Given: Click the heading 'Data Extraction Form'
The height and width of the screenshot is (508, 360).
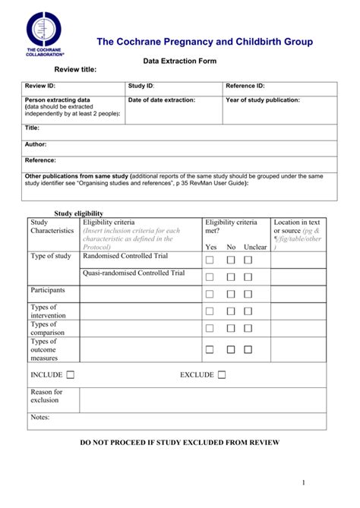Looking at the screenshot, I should pyautogui.click(x=179, y=61).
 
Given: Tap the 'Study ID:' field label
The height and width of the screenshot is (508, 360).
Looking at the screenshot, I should pyautogui.click(x=141, y=87).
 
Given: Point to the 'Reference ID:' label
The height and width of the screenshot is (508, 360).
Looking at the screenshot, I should pyautogui.click(x=245, y=87).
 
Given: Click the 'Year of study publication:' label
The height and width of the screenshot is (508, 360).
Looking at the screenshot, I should pyautogui.click(x=262, y=100).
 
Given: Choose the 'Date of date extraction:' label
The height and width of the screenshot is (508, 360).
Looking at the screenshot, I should pyautogui.click(x=161, y=100).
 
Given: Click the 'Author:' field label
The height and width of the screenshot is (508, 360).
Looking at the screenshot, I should pyautogui.click(x=36, y=144).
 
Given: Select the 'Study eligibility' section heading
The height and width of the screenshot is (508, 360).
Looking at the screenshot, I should pyautogui.click(x=77, y=213).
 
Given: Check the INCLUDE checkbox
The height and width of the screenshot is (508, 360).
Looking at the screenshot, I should pyautogui.click(x=71, y=374).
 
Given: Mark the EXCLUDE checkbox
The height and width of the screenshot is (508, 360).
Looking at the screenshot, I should pyautogui.click(x=222, y=374).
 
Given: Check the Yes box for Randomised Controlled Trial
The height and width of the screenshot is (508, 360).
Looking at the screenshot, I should pyautogui.click(x=210, y=260).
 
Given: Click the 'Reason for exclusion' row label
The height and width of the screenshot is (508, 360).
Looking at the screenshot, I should pyautogui.click(x=46, y=396).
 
